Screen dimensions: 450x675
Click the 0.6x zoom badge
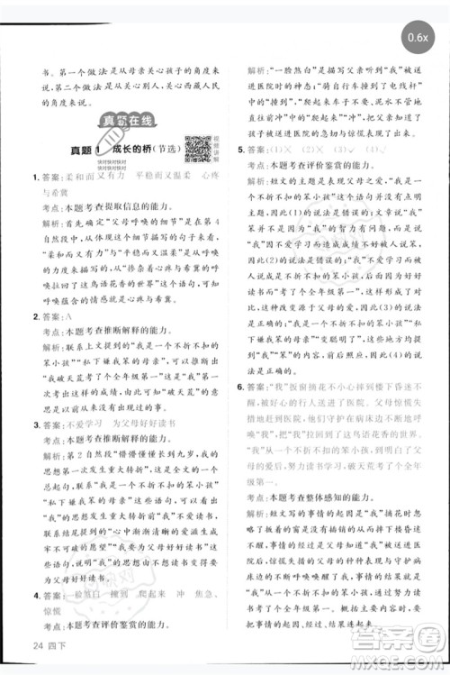click(x=418, y=40)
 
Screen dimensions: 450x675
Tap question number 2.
click(x=34, y=317)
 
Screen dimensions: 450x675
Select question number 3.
click(x=34, y=422)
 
